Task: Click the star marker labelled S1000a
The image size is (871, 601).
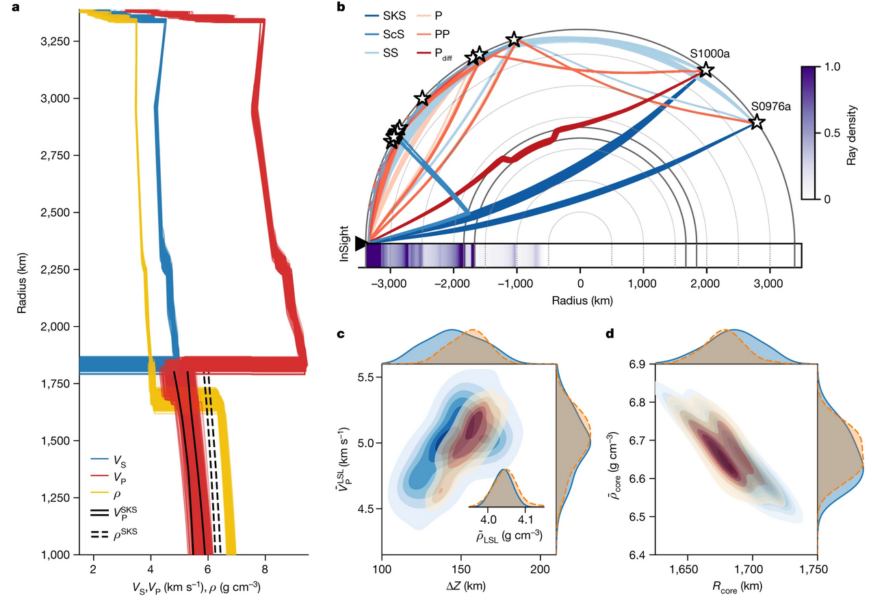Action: (x=705, y=70)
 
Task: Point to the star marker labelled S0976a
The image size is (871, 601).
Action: (x=756, y=123)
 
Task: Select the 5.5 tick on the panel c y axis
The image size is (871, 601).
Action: (x=367, y=378)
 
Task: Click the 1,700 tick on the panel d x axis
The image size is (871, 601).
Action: (x=753, y=568)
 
